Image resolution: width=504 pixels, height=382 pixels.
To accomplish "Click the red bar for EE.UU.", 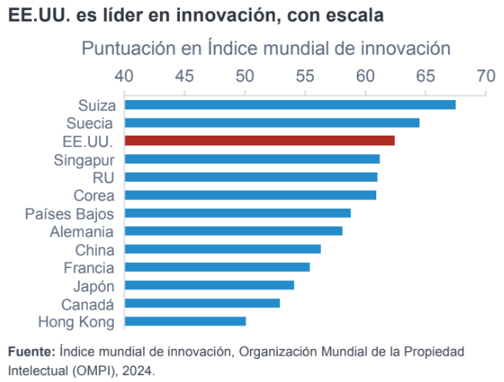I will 259,140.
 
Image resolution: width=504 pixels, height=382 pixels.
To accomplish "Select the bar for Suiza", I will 289,105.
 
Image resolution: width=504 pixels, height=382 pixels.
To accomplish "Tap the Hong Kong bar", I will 185,321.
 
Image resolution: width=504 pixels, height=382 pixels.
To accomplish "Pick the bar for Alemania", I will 233,231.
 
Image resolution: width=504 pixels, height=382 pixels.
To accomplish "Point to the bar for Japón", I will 209,285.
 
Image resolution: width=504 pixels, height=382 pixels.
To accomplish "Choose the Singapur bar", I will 252,159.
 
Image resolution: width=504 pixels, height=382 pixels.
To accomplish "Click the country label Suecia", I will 91,123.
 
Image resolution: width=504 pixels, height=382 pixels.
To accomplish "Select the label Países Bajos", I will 69,213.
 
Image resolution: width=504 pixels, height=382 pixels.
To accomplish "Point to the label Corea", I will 94,195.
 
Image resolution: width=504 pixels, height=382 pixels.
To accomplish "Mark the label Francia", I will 89,267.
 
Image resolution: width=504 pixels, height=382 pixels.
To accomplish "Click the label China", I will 95,250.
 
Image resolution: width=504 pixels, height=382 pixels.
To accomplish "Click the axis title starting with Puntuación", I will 265,49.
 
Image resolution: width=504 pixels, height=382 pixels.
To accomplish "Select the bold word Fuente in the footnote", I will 31,352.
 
